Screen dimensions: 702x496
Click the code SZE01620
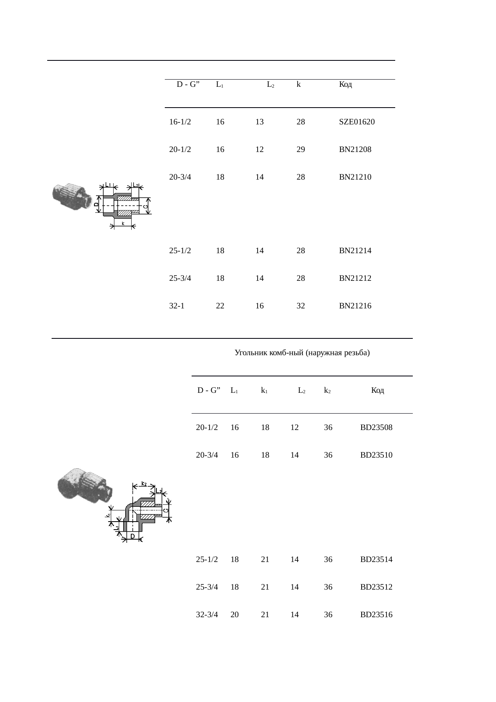(x=357, y=122)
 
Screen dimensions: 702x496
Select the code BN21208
(x=355, y=150)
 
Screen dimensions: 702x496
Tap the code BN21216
(x=355, y=306)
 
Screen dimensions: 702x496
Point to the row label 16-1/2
(x=180, y=122)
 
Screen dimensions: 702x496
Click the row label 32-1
(x=177, y=306)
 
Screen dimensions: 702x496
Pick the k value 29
(x=301, y=150)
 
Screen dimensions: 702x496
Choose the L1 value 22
(x=220, y=306)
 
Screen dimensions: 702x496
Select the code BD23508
(x=376, y=428)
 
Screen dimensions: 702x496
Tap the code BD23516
(x=376, y=615)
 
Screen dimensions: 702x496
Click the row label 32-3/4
(x=207, y=615)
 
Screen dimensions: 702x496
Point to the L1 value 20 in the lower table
(x=234, y=615)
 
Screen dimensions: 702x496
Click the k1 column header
(x=264, y=390)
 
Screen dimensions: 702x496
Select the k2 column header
(x=327, y=390)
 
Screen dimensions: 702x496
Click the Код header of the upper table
(x=346, y=84)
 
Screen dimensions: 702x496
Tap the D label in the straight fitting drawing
(x=96, y=204)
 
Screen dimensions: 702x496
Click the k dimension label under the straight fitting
(x=123, y=223)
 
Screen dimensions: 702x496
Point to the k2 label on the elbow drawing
(x=144, y=484)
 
